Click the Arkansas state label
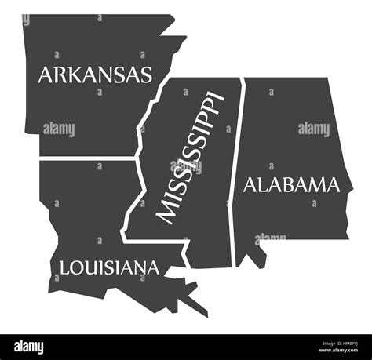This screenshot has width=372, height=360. coord(95,75)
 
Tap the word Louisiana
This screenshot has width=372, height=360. coord(109,267)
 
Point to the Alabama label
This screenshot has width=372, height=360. coord(292,185)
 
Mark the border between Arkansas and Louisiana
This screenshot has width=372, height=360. coord(86,158)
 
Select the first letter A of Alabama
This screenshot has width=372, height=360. coord(250,186)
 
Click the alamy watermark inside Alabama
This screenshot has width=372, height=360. coord(314,129)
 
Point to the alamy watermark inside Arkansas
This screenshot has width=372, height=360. coord(59,129)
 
